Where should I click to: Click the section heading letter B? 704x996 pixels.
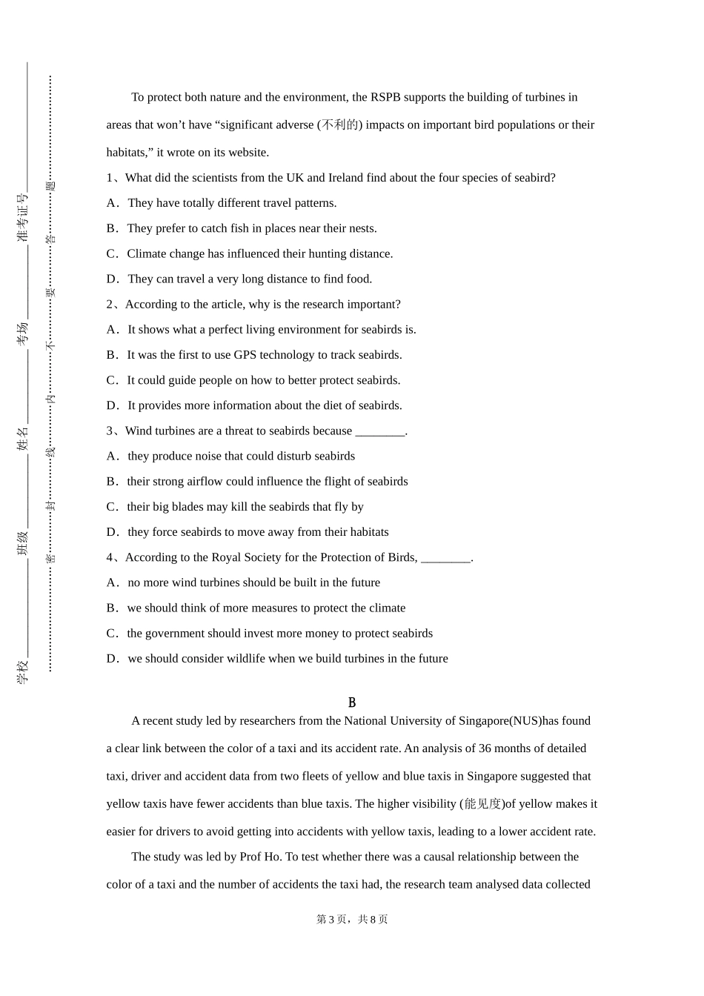[352, 703]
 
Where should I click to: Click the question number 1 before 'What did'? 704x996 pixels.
[109, 178]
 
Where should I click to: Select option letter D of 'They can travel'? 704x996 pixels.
[112, 279]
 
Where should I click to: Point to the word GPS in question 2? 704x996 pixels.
[245, 355]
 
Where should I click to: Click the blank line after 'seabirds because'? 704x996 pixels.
[380, 431]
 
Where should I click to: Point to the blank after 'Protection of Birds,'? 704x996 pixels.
[445, 558]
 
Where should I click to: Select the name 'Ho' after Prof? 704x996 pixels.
[272, 857]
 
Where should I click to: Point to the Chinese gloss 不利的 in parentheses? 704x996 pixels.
[339, 125]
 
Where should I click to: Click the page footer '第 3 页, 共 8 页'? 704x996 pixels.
[352, 920]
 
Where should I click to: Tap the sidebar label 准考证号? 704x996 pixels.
[23, 218]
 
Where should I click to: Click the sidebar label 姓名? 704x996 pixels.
[23, 438]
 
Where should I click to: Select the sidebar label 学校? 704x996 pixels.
[23, 671]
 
